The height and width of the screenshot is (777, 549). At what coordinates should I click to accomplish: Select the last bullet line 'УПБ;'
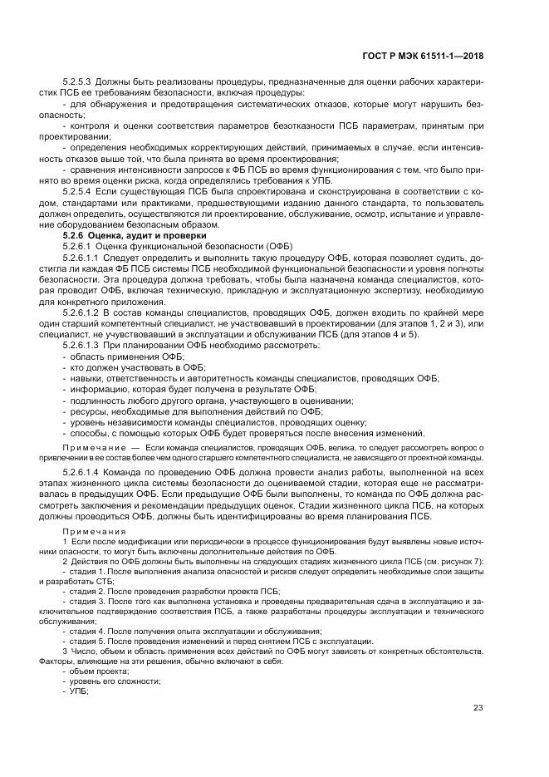coord(80,691)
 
